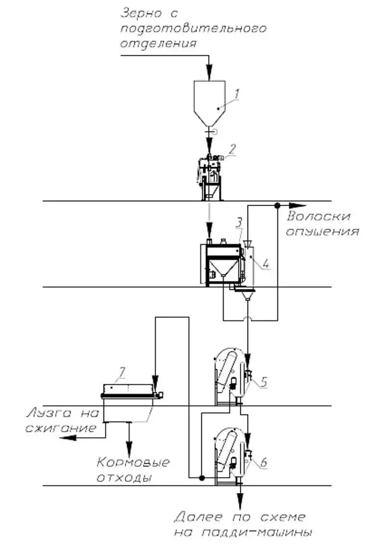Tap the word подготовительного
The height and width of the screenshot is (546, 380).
193,28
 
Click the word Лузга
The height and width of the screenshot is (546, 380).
47,413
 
